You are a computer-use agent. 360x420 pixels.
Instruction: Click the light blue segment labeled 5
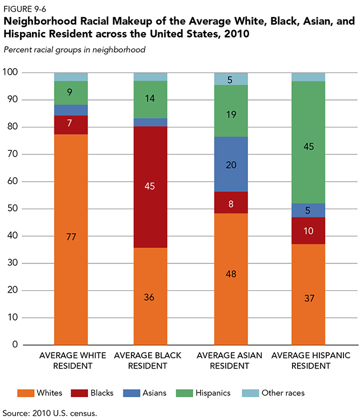point(231,79)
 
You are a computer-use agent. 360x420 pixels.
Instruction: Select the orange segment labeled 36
point(151,296)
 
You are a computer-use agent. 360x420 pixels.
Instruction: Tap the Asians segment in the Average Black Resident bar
point(151,122)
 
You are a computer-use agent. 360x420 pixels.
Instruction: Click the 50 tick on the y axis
point(12,209)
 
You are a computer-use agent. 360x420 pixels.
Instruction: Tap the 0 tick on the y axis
point(14,345)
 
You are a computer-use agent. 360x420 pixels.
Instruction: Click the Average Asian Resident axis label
point(231,360)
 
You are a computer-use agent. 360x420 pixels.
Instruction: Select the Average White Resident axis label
point(71,360)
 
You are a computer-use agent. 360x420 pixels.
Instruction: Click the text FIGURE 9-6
point(22,7)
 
